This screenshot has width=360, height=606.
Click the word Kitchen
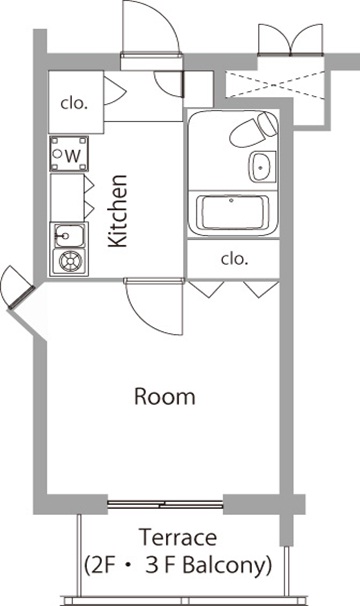tap(117, 211)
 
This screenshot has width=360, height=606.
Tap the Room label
tap(164, 397)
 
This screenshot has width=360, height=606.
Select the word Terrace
tap(177, 537)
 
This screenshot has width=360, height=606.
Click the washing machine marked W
tap(69, 154)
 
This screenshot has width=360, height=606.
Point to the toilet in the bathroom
tap(253, 129)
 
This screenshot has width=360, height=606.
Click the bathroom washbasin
tap(262, 167)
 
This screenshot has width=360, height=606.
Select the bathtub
tap(232, 214)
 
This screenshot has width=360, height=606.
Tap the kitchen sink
tap(69, 235)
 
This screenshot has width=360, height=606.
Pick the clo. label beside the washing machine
tap(73, 104)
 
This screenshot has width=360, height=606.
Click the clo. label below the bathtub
tap(234, 259)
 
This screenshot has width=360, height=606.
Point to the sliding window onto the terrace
tap(165, 504)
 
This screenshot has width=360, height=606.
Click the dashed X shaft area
tap(275, 83)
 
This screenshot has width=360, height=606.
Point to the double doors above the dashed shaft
tap(290, 39)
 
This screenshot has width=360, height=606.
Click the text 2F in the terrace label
tap(102, 565)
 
